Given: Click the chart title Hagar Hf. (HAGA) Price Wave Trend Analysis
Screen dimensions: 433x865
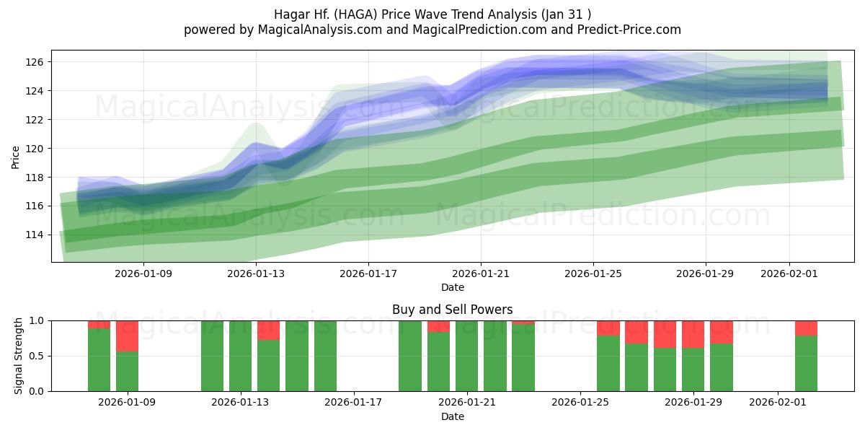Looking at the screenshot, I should click(x=432, y=14).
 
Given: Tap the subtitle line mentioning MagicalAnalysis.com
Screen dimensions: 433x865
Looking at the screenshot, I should click(x=432, y=30).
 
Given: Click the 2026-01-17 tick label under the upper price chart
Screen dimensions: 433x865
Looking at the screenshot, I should click(x=368, y=274).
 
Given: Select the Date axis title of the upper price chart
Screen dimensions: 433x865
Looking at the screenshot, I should click(x=453, y=288).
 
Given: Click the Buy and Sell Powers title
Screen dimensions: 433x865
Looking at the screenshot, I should click(x=453, y=310).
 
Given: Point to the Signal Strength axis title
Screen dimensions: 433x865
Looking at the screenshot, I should click(x=19, y=356).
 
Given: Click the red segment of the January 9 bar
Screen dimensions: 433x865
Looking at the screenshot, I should click(x=128, y=336).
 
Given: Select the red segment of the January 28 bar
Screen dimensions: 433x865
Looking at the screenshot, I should click(x=665, y=334).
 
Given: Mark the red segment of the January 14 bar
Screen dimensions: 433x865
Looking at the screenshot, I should click(x=268, y=330).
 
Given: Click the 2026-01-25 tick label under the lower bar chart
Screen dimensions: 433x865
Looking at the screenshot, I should click(x=580, y=403).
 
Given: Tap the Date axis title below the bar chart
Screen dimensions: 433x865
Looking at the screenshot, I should click(x=453, y=416).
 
